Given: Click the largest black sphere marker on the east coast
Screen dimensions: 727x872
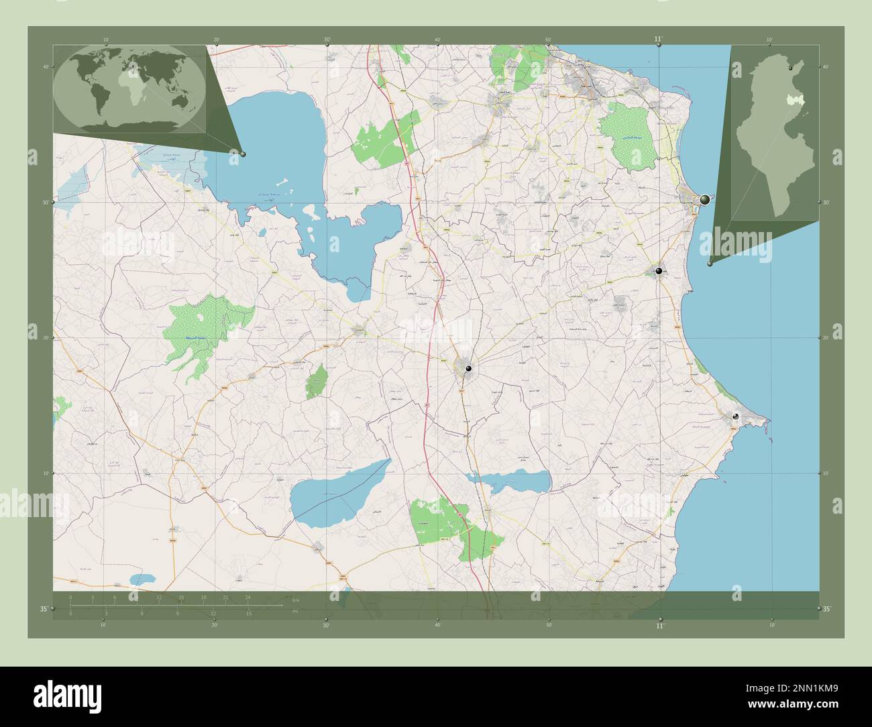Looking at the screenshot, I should pos(704,200).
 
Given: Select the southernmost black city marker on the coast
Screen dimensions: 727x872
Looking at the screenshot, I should pos(736,416).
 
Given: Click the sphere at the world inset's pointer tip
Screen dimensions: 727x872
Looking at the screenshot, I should pos(243,154).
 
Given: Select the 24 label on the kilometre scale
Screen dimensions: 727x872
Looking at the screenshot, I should pos(248,597).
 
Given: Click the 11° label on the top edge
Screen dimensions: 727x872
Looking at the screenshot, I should pos(659,39).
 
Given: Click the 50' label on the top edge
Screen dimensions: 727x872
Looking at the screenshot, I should pos(548,40).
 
